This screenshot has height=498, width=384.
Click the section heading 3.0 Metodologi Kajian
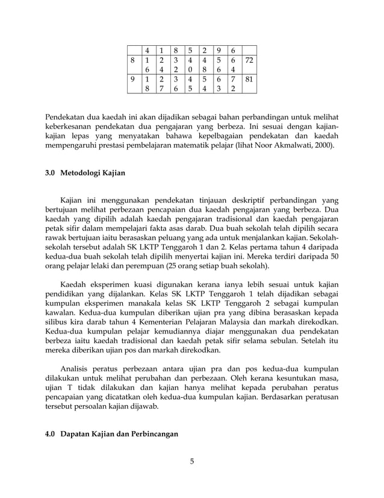coord(85,173)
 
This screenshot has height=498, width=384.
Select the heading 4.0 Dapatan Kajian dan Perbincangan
coord(111,434)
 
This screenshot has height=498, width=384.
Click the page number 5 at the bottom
coord(192,462)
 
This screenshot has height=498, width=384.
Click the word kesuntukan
coord(299,378)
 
